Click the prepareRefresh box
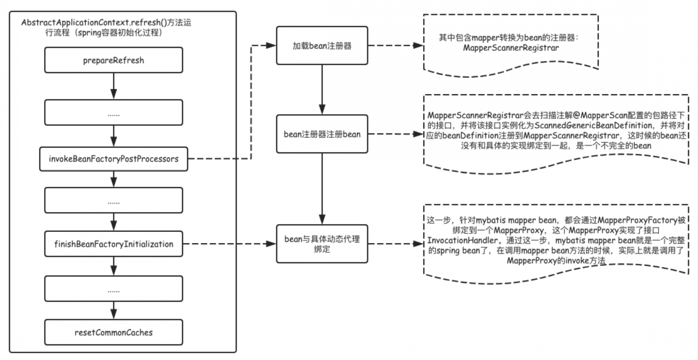(x=114, y=60)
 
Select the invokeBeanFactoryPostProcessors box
(x=114, y=159)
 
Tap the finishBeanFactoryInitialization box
(x=114, y=244)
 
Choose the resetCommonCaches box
(x=114, y=332)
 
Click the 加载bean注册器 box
(x=322, y=45)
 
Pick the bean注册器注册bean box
(x=322, y=134)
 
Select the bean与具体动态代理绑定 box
(x=322, y=244)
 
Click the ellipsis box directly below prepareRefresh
(x=114, y=113)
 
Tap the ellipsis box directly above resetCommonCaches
(x=114, y=289)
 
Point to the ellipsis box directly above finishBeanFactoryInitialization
(x=114, y=200)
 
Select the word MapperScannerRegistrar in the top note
(x=511, y=48)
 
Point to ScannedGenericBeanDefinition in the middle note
(x=593, y=125)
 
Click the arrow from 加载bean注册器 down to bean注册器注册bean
(x=322, y=90)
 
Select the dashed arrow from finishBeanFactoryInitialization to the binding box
(x=229, y=244)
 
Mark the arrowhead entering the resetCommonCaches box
(x=114, y=314)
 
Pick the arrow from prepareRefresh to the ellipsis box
(x=114, y=86)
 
